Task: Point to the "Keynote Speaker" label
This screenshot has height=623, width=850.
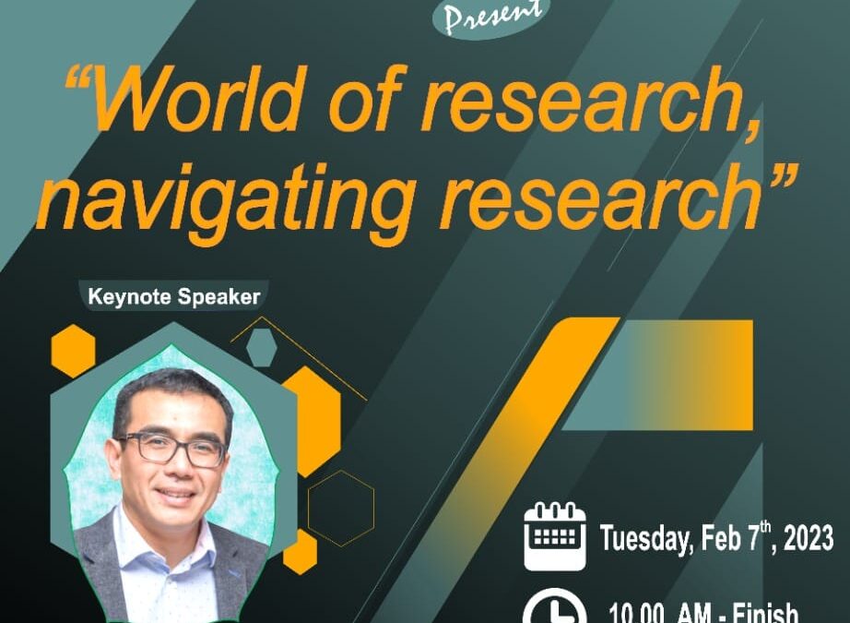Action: (x=174, y=297)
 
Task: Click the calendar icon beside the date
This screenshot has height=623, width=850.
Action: (x=555, y=536)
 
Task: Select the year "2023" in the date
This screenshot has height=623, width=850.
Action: (x=809, y=538)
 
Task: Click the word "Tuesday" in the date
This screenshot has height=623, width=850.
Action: (x=646, y=539)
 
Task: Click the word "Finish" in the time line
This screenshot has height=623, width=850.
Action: (x=765, y=613)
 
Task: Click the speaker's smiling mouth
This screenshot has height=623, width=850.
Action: (x=175, y=495)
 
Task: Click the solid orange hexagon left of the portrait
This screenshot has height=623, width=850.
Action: (x=73, y=351)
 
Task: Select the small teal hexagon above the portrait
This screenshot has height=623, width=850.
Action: (x=262, y=347)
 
